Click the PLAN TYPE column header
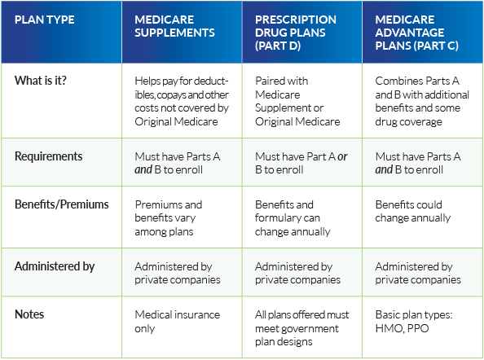click(45, 20)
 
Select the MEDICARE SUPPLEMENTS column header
click(174, 26)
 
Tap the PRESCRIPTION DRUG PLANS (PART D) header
click(296, 33)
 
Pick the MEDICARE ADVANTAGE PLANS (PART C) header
click(416, 33)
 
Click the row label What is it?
click(41, 81)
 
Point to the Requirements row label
click(48, 156)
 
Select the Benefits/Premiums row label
click(62, 204)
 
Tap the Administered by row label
click(55, 266)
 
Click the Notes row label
click(29, 314)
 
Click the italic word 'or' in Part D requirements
click(342, 156)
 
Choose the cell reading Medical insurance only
click(177, 322)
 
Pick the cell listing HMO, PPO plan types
click(414, 322)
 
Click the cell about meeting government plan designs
click(301, 328)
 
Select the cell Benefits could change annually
click(412, 211)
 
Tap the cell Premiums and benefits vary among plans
click(168, 218)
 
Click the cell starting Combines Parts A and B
click(422, 101)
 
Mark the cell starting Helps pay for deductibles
click(182, 101)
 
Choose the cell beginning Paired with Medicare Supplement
click(297, 101)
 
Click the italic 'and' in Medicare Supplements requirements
click(143, 169)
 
